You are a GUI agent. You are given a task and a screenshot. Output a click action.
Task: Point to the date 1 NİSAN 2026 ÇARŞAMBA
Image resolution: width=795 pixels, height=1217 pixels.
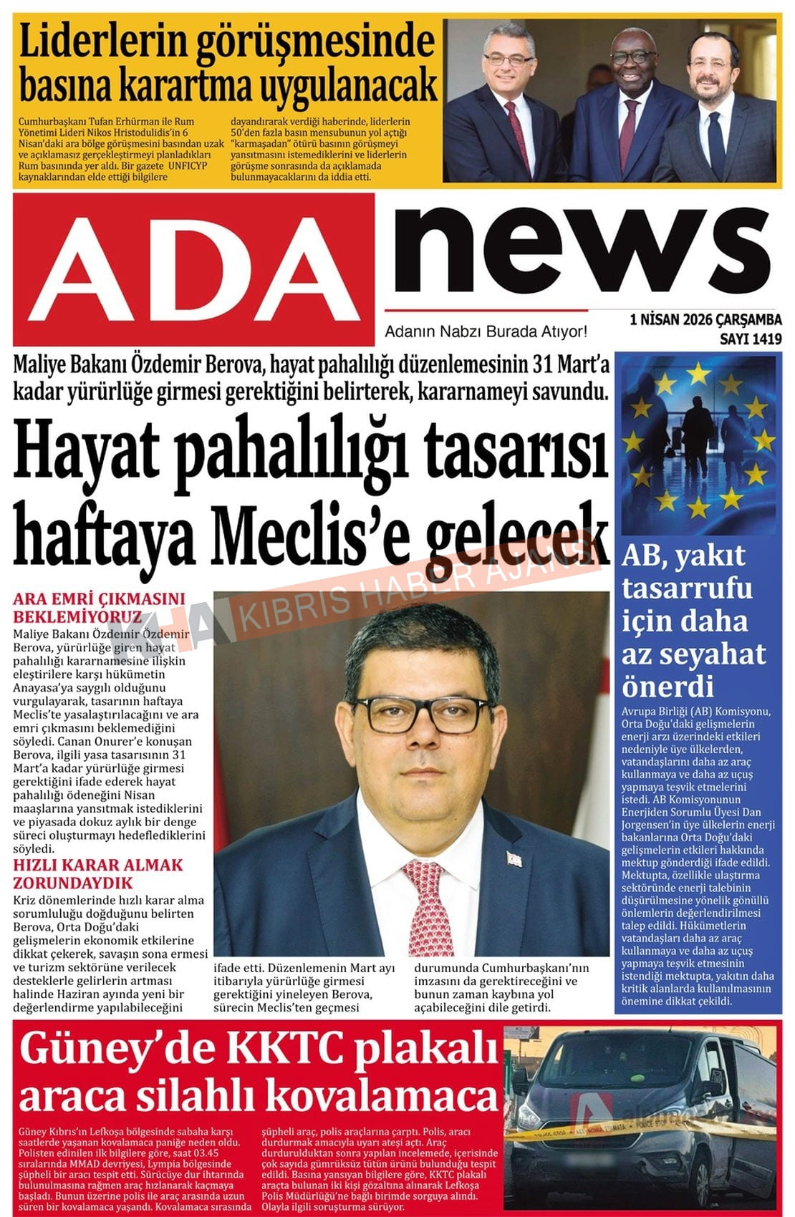[x=705, y=320]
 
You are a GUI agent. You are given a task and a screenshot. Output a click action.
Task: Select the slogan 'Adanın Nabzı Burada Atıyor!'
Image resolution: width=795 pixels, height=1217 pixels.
[x=486, y=332]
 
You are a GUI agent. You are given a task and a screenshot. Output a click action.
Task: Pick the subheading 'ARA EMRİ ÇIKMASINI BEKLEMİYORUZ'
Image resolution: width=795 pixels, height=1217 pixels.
[x=99, y=607]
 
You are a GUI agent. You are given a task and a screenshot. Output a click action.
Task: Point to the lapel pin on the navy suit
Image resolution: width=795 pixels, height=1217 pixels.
[x=513, y=858]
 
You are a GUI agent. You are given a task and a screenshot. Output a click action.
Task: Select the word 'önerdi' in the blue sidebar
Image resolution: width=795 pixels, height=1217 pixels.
[x=668, y=687]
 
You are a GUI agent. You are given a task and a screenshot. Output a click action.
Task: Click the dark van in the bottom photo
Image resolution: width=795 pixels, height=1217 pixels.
[x=630, y=1102]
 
